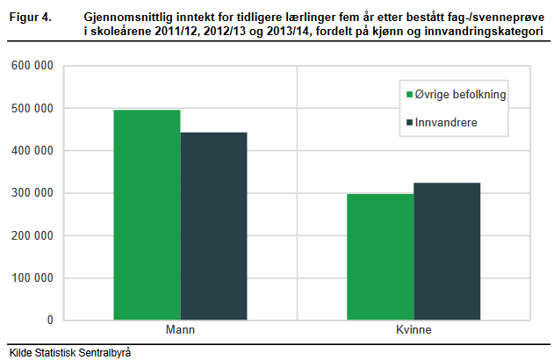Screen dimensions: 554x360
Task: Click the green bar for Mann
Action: click(x=147, y=215)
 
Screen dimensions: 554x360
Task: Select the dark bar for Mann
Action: click(x=213, y=227)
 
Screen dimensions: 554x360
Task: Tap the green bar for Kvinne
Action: click(x=380, y=257)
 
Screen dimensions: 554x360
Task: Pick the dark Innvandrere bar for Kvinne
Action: click(x=447, y=251)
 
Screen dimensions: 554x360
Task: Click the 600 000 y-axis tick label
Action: click(x=32, y=65)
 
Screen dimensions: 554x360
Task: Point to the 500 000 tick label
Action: click(x=32, y=108)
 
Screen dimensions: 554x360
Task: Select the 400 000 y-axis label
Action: click(x=32, y=150)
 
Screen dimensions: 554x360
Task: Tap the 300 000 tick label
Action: click(x=32, y=193)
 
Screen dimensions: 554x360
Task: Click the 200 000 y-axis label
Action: click(x=32, y=235)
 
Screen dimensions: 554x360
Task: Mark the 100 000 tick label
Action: click(x=32, y=277)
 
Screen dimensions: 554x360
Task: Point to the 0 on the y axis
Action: click(x=50, y=320)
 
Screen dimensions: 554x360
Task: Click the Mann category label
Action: click(x=180, y=329)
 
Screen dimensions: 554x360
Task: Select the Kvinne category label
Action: click(x=414, y=329)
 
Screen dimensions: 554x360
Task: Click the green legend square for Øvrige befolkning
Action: click(x=409, y=94)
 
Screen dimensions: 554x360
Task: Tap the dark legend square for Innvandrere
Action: click(x=409, y=123)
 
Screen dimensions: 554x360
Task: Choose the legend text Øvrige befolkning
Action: click(x=460, y=94)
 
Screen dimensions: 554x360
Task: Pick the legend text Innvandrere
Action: click(x=446, y=122)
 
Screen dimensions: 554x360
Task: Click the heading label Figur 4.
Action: click(x=31, y=17)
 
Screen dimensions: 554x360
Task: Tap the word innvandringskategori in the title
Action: click(x=484, y=31)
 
